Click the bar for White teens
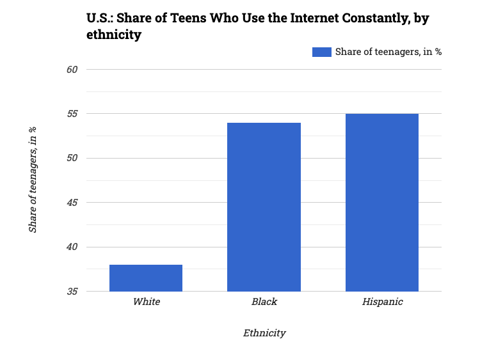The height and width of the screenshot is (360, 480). pos(146,278)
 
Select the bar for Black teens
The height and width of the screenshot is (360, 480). pos(264,207)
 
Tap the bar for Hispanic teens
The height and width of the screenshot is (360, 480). pos(382,203)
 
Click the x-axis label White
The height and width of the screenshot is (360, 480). pos(146,302)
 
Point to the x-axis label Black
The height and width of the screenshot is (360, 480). pos(264,302)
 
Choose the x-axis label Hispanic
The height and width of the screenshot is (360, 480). pos(382,302)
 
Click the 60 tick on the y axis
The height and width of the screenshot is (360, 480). pos(72,70)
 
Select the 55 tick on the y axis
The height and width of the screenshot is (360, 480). pos(72,114)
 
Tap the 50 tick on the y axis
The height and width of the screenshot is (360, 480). pos(72,159)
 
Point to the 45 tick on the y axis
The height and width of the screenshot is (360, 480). pos(72,203)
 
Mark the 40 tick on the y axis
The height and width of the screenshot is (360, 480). pos(72,247)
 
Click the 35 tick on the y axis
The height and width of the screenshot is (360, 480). pos(72,292)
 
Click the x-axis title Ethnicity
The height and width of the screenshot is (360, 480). pos(264,333)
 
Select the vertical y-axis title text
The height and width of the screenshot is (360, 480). pos(33,180)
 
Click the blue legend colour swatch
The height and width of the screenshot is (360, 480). pos(321,52)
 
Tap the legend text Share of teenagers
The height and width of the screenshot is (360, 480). pos(388,52)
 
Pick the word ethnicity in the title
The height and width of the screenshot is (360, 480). pos(113,35)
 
